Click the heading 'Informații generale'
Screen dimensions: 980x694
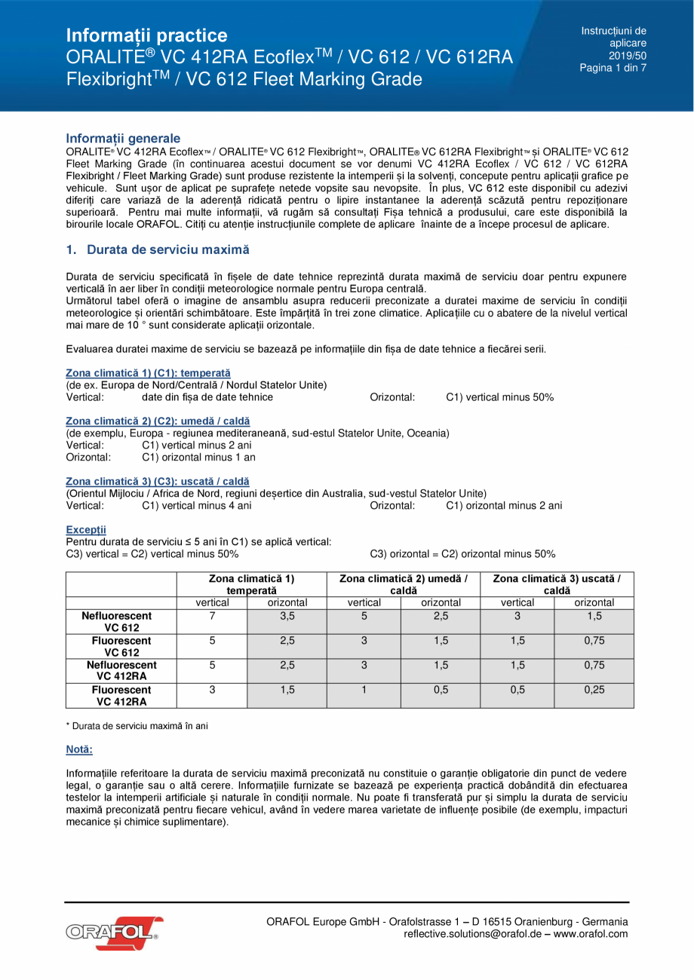pos(123,138)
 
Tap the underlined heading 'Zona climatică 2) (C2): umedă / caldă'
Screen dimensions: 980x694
pos(158,421)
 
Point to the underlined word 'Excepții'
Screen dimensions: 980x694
pos(86,530)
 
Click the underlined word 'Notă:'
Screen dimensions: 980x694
pos(79,750)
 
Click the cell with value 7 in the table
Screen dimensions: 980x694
pos(212,616)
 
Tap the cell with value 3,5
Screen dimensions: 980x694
pos(287,616)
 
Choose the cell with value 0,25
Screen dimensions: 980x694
pos(594,690)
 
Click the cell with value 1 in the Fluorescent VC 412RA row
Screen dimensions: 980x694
pos(364,690)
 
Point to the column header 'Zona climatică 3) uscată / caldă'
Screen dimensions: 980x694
pos(557,584)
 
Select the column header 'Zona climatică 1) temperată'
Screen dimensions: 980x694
pos(251,584)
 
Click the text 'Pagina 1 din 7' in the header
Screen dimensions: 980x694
pos(613,68)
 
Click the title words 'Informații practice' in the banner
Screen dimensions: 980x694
pos(146,35)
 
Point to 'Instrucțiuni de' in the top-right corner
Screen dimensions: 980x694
pos(613,31)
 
